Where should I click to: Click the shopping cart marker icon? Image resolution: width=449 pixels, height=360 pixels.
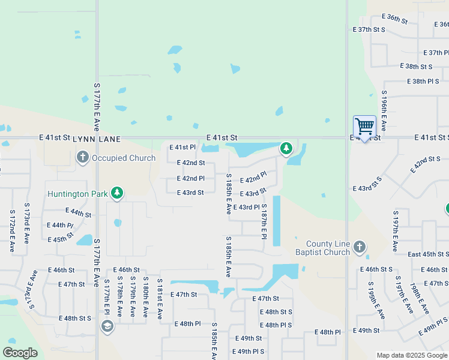pos(364,127)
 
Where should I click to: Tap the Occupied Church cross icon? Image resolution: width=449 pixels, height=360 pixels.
pos(83,158)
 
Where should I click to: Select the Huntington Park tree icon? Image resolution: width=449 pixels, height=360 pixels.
pos(118,193)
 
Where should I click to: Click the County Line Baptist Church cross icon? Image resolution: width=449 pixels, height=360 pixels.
pos(359,246)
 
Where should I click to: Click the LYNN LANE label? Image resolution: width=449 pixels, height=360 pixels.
pos(97,139)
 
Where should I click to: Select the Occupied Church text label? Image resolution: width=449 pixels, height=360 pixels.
pos(123,158)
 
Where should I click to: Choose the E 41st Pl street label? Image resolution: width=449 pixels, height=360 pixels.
pos(182,147)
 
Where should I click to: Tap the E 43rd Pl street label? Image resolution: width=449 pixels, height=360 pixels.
pos(246,208)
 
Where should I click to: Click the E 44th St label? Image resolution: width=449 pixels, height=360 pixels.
pos(78,213)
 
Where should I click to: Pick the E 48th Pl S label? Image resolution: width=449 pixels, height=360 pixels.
pos(276,325)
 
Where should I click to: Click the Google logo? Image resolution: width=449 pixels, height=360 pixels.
pos(20,353)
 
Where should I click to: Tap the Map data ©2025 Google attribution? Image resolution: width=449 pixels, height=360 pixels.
pos(412,356)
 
